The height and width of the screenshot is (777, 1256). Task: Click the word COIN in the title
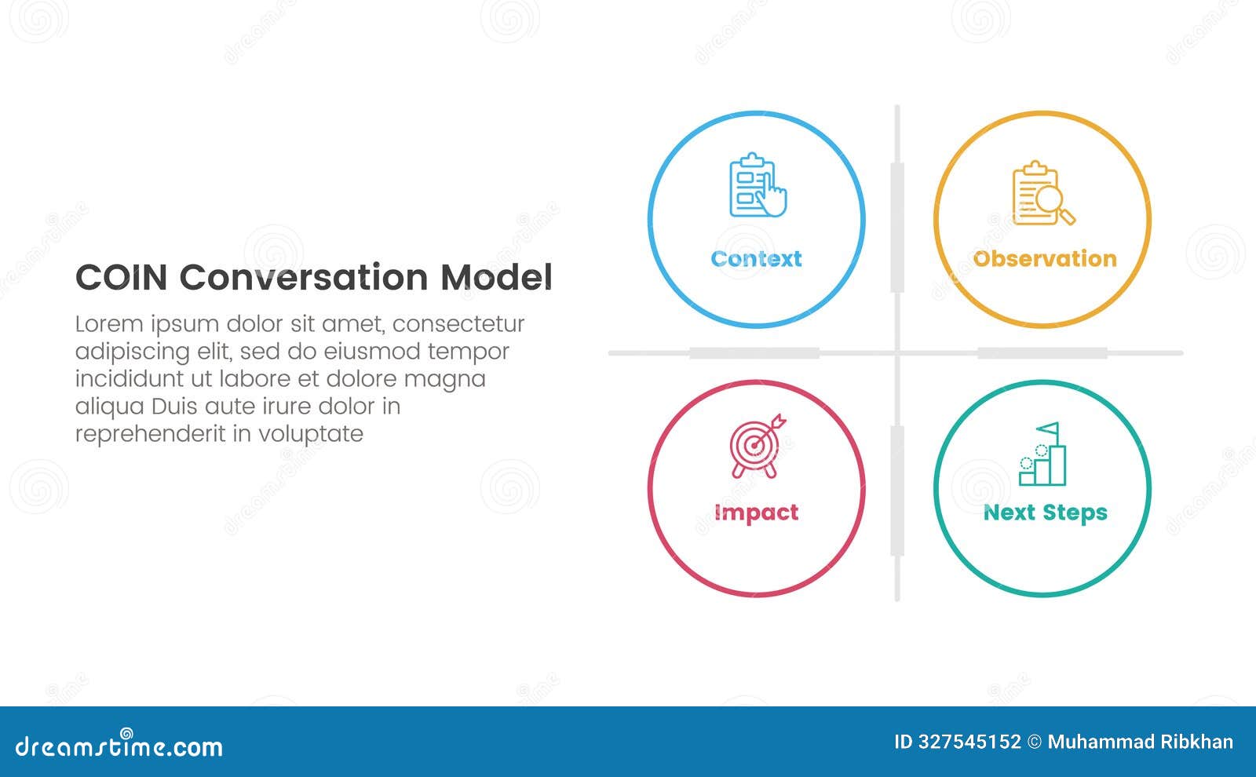click(x=121, y=278)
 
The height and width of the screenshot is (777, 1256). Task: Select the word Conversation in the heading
click(x=304, y=278)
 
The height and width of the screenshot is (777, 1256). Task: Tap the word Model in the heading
click(x=496, y=278)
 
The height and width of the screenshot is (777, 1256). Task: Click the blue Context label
click(x=756, y=259)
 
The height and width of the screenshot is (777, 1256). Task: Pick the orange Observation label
click(x=1044, y=259)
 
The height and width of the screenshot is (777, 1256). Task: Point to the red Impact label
click(x=756, y=513)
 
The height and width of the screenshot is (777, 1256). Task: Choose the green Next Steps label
click(x=1045, y=513)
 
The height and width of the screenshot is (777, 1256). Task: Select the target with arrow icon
click(x=757, y=445)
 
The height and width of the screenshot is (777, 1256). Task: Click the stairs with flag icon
click(x=1043, y=454)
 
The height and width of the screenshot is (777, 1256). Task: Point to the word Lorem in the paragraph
click(x=109, y=324)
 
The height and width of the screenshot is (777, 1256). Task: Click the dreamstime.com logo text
click(x=119, y=746)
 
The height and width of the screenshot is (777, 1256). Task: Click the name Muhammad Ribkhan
click(x=1140, y=742)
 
